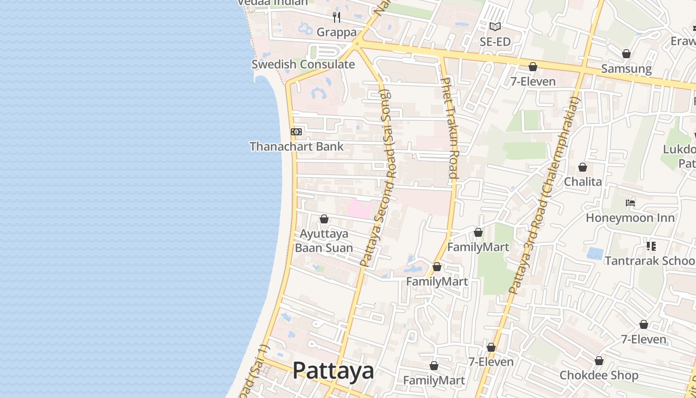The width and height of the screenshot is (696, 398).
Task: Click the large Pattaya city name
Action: (x=333, y=371)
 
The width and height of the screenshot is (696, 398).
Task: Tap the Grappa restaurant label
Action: (x=337, y=32)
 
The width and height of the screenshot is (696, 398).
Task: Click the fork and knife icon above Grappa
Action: (x=337, y=17)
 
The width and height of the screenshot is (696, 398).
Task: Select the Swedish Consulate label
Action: (x=303, y=64)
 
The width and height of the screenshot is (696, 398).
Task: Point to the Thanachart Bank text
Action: (x=296, y=146)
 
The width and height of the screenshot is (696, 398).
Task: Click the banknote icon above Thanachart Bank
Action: (x=296, y=132)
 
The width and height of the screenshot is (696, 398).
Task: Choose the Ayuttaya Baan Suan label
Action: (x=324, y=241)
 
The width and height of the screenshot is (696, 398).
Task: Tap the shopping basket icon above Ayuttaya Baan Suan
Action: (x=324, y=219)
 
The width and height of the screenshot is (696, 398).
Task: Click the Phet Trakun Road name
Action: (x=449, y=127)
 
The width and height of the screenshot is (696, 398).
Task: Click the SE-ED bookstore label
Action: (x=495, y=42)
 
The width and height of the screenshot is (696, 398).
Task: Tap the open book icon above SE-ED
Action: (x=495, y=27)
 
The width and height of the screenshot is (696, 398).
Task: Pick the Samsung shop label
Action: (x=626, y=69)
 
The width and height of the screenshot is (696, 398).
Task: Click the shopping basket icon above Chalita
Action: (x=583, y=167)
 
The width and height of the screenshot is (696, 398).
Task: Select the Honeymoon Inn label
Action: (x=630, y=218)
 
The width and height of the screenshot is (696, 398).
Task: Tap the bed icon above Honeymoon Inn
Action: (x=630, y=203)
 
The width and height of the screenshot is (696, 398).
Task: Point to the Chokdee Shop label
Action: (x=599, y=375)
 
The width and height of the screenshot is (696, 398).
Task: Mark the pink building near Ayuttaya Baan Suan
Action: (x=359, y=208)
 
